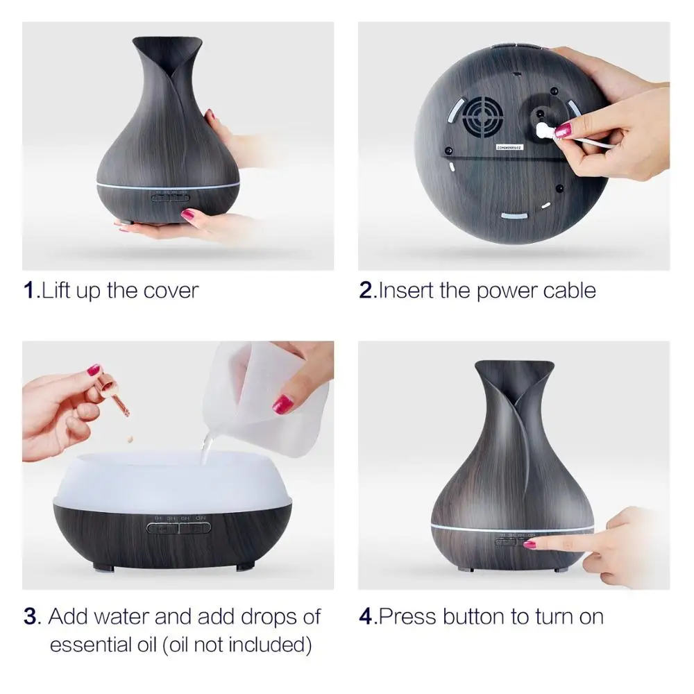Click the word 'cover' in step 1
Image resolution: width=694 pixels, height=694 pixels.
coord(171,290)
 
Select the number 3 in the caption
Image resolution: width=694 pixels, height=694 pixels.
coord(30,616)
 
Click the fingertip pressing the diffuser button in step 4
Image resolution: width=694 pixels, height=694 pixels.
coord(531,545)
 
